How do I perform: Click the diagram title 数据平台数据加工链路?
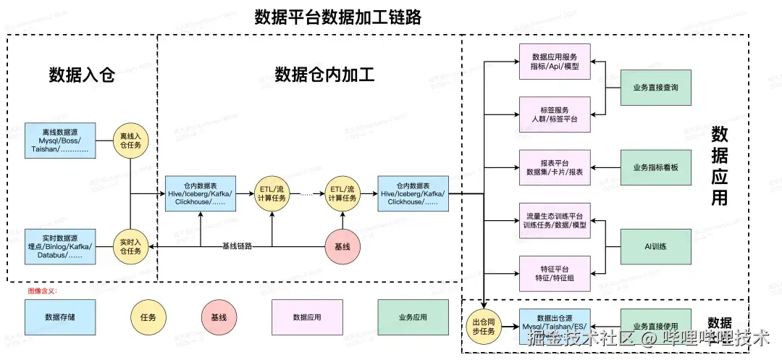tap(337, 17)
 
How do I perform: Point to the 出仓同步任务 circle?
tap(483, 325)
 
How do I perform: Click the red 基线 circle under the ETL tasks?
tap(342, 246)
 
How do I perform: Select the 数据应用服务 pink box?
tap(555, 62)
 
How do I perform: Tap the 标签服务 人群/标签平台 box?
tap(555, 114)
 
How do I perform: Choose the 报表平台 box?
tap(555, 167)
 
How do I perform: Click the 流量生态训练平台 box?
tap(555, 220)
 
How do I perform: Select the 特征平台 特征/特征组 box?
tap(555, 273)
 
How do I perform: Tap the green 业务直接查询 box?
tap(655, 88)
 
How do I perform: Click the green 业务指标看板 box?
tap(655, 167)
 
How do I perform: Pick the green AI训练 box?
tap(655, 246)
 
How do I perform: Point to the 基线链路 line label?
tap(237, 246)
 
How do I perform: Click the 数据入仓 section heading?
tap(82, 75)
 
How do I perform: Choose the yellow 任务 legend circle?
tap(148, 317)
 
